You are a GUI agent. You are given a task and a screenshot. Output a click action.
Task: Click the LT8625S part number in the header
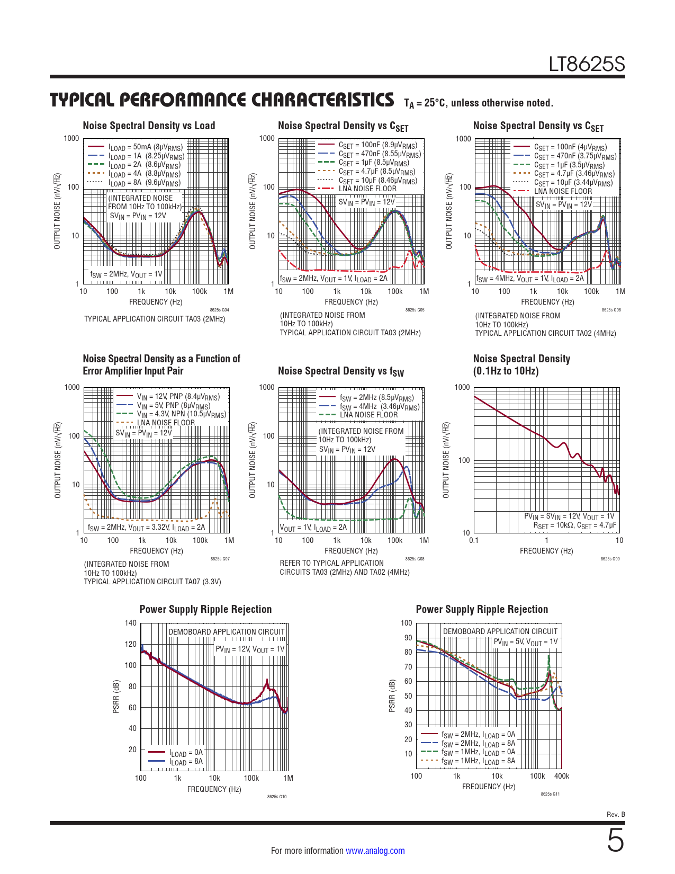(587, 65)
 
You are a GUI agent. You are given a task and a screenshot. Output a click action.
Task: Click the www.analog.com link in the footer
(375, 851)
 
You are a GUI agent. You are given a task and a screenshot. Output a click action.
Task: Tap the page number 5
(615, 841)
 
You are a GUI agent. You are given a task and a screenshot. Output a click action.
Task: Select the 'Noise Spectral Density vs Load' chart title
(149, 126)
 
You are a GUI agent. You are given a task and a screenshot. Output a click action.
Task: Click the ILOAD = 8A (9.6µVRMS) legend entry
(145, 183)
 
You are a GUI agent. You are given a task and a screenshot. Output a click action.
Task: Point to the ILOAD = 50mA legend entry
(145, 147)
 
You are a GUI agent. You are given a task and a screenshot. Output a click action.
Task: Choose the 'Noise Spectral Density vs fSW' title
(341, 371)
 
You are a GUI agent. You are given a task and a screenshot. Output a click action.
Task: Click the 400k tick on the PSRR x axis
(561, 776)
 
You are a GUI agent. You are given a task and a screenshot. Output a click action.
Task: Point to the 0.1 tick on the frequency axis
(473, 541)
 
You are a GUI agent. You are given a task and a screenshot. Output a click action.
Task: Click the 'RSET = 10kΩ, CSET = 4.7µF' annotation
(574, 525)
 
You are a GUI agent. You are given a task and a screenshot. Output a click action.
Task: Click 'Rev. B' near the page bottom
(616, 815)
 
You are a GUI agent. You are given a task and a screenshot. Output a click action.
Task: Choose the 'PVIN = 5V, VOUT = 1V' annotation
(525, 642)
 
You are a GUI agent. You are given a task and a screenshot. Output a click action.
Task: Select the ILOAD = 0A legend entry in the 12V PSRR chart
(186, 752)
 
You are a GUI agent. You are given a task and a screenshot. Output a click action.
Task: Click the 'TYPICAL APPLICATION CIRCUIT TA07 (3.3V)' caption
(152, 582)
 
